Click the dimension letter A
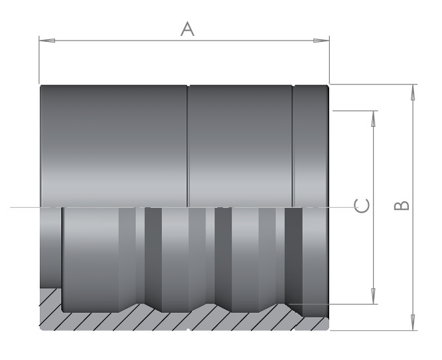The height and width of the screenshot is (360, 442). [x=187, y=29]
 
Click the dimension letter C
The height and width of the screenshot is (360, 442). [x=362, y=206]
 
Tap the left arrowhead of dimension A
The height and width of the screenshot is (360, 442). [x=47, y=41]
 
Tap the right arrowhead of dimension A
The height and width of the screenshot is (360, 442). [x=321, y=41]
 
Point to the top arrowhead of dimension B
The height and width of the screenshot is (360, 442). [x=413, y=92]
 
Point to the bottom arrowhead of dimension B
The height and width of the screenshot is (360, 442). [x=413, y=322]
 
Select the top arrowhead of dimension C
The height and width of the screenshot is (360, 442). [x=373, y=119]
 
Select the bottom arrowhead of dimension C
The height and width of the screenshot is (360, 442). [x=373, y=296]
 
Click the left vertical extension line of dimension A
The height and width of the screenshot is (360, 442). [x=39, y=60]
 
